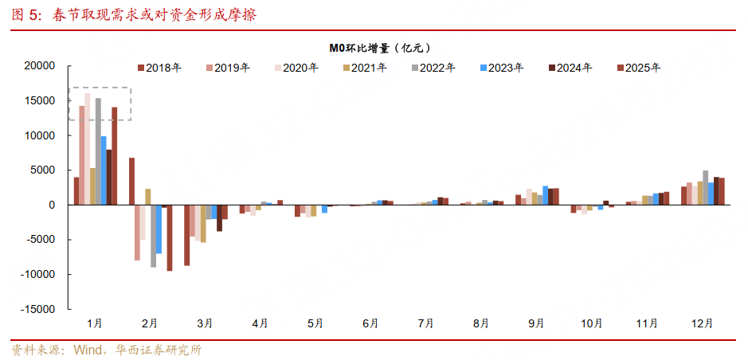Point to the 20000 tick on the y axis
(39, 66)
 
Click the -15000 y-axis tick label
(37, 309)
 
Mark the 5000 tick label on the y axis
(42, 170)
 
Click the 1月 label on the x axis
(94, 323)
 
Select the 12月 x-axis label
(703, 323)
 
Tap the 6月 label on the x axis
(370, 323)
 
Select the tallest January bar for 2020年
(88, 149)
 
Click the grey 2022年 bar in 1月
(98, 151)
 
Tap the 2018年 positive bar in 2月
(131, 181)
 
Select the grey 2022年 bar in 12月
(705, 188)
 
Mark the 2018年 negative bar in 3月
(187, 235)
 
